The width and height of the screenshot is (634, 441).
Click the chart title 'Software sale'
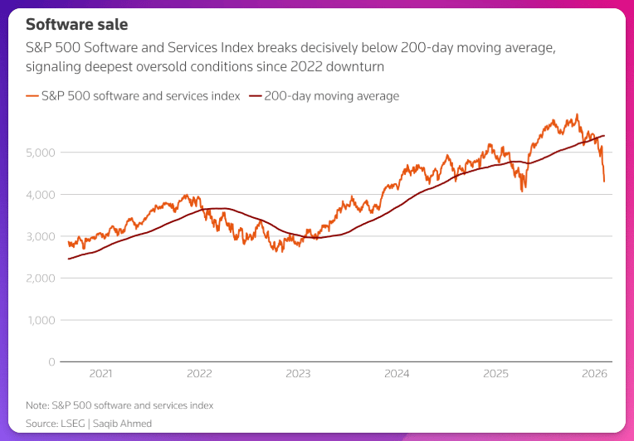77,25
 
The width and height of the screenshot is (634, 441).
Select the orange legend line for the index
33,96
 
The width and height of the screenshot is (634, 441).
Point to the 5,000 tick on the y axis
41,153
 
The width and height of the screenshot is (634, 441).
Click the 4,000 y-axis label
41,194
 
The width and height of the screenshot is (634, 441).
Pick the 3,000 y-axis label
41,236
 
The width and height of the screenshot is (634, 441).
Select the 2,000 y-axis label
41,278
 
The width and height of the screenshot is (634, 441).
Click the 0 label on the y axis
52,362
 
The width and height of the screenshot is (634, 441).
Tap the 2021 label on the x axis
100,374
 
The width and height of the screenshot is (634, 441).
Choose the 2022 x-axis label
199,374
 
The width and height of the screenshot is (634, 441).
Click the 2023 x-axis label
298,374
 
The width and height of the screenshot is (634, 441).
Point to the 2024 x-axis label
397,374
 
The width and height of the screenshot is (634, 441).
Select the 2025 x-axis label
495,374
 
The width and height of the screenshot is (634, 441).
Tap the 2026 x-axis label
594,374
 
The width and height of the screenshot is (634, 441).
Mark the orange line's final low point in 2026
604,181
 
